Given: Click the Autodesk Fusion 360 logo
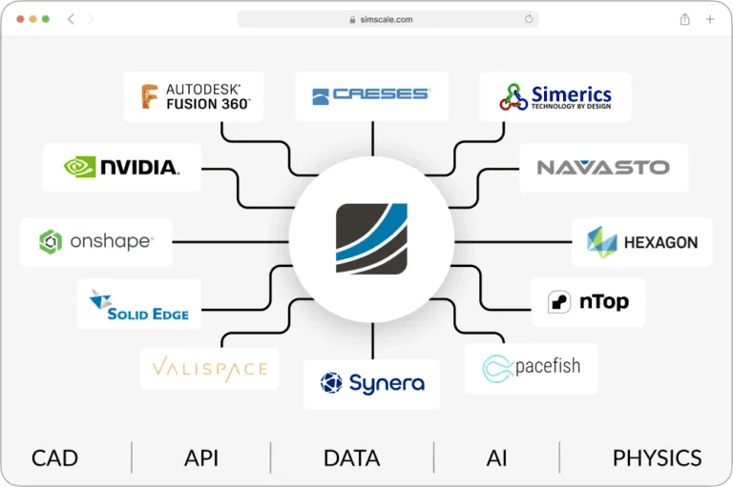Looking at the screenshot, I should click(194, 97).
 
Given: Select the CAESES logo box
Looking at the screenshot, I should click(371, 94).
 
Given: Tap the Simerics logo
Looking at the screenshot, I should click(555, 96).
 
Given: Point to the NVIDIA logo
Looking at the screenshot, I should click(121, 167).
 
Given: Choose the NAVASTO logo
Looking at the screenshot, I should click(603, 168).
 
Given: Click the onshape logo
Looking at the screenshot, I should click(95, 241).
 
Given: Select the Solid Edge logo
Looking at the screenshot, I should click(139, 304).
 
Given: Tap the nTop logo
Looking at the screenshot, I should click(587, 302).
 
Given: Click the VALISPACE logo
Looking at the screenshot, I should click(209, 369).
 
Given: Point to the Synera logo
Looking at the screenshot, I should click(371, 384).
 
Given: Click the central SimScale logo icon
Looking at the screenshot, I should click(371, 238).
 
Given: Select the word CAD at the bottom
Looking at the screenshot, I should click(54, 458).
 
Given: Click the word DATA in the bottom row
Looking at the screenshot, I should click(351, 458).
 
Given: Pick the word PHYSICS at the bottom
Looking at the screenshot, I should click(657, 458).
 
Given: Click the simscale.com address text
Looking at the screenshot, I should click(387, 19).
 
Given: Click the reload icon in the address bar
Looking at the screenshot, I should click(529, 19).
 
